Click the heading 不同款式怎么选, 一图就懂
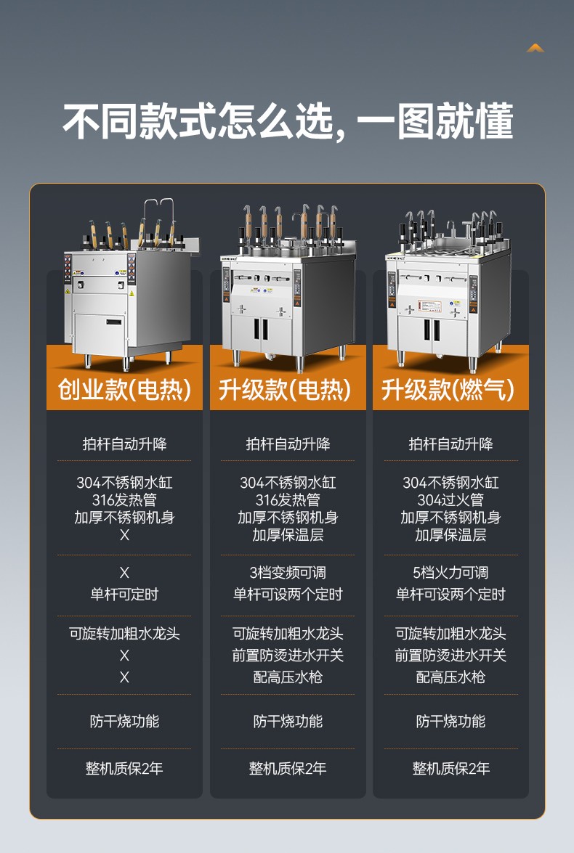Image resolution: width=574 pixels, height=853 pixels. coord(288,121)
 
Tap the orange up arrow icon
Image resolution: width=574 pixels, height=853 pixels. coord(535,48)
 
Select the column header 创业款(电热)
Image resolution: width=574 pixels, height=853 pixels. coord(124,390)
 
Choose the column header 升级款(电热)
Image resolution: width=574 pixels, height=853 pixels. coord(288,390)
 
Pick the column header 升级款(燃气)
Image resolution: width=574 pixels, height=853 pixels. coord(450,390)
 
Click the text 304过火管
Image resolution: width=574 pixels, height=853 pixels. coord(450,500)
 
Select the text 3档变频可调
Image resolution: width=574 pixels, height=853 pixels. coord(288,573)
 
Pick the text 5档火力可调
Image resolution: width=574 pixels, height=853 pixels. coord(450,573)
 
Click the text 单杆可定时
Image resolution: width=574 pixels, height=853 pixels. coord(124,595)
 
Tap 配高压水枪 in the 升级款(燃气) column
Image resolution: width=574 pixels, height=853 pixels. coord(450,677)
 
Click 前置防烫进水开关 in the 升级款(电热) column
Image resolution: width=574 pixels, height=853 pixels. coord(288,656)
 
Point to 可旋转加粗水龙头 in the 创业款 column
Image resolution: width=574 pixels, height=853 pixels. coord(124,634)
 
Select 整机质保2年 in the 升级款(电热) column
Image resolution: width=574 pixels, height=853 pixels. coord(288,768)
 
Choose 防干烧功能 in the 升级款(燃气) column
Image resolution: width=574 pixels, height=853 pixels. coord(450,722)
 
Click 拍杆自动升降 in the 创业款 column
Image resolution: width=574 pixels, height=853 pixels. coord(124,444)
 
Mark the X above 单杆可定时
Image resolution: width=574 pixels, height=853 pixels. coord(124,573)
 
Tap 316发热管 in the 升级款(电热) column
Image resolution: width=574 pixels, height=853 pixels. coord(288,500)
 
